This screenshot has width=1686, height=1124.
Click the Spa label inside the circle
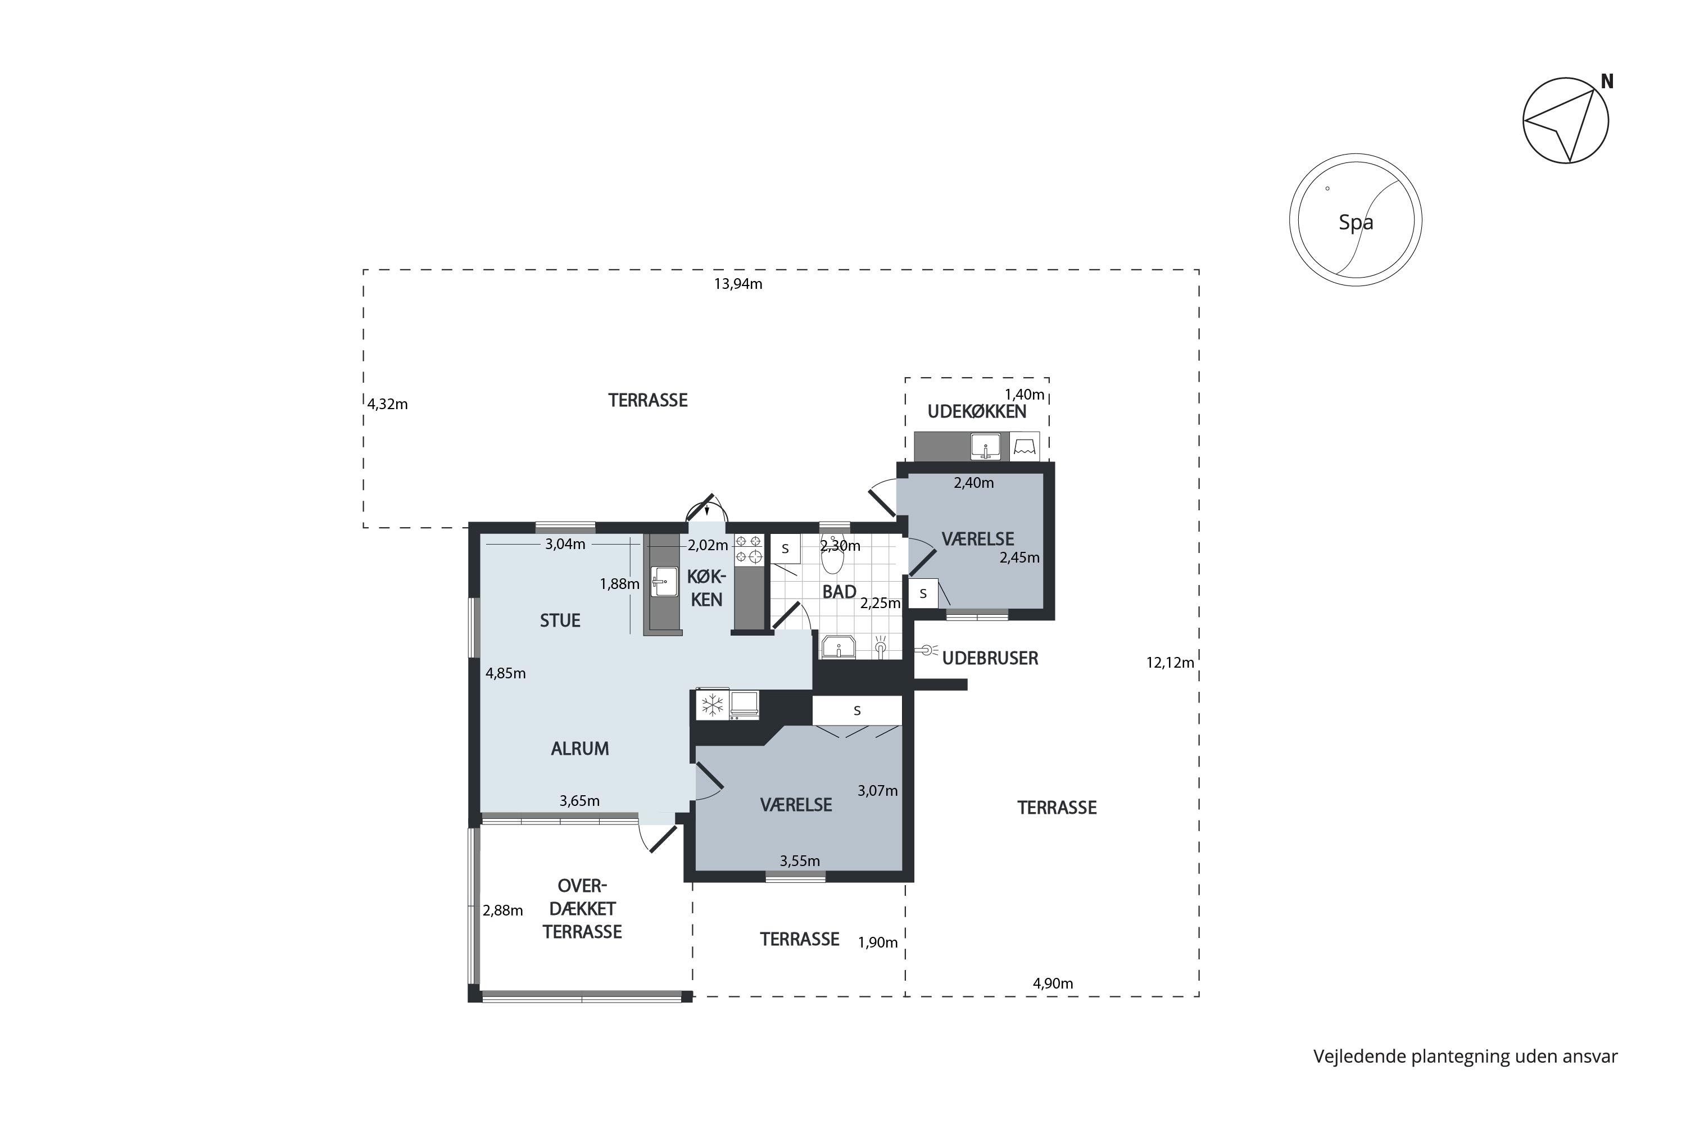pos(1356,222)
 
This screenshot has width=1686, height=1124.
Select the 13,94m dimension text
pos(737,284)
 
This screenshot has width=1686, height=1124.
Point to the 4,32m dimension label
pos(388,404)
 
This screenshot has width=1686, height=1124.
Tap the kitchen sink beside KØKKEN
pos(664,581)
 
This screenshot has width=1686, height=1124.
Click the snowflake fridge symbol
pos(712,705)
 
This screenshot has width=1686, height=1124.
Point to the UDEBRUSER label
pos(990,658)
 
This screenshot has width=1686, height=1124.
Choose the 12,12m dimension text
pos(1170,663)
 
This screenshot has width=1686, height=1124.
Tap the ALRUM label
pos(580,749)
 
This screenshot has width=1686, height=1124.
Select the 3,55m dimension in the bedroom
pos(800,861)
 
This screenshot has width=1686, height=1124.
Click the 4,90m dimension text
pos(1053,984)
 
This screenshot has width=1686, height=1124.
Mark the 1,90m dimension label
pos(878,942)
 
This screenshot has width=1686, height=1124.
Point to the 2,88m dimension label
pos(502,910)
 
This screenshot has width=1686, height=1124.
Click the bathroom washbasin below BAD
pos(837,647)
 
